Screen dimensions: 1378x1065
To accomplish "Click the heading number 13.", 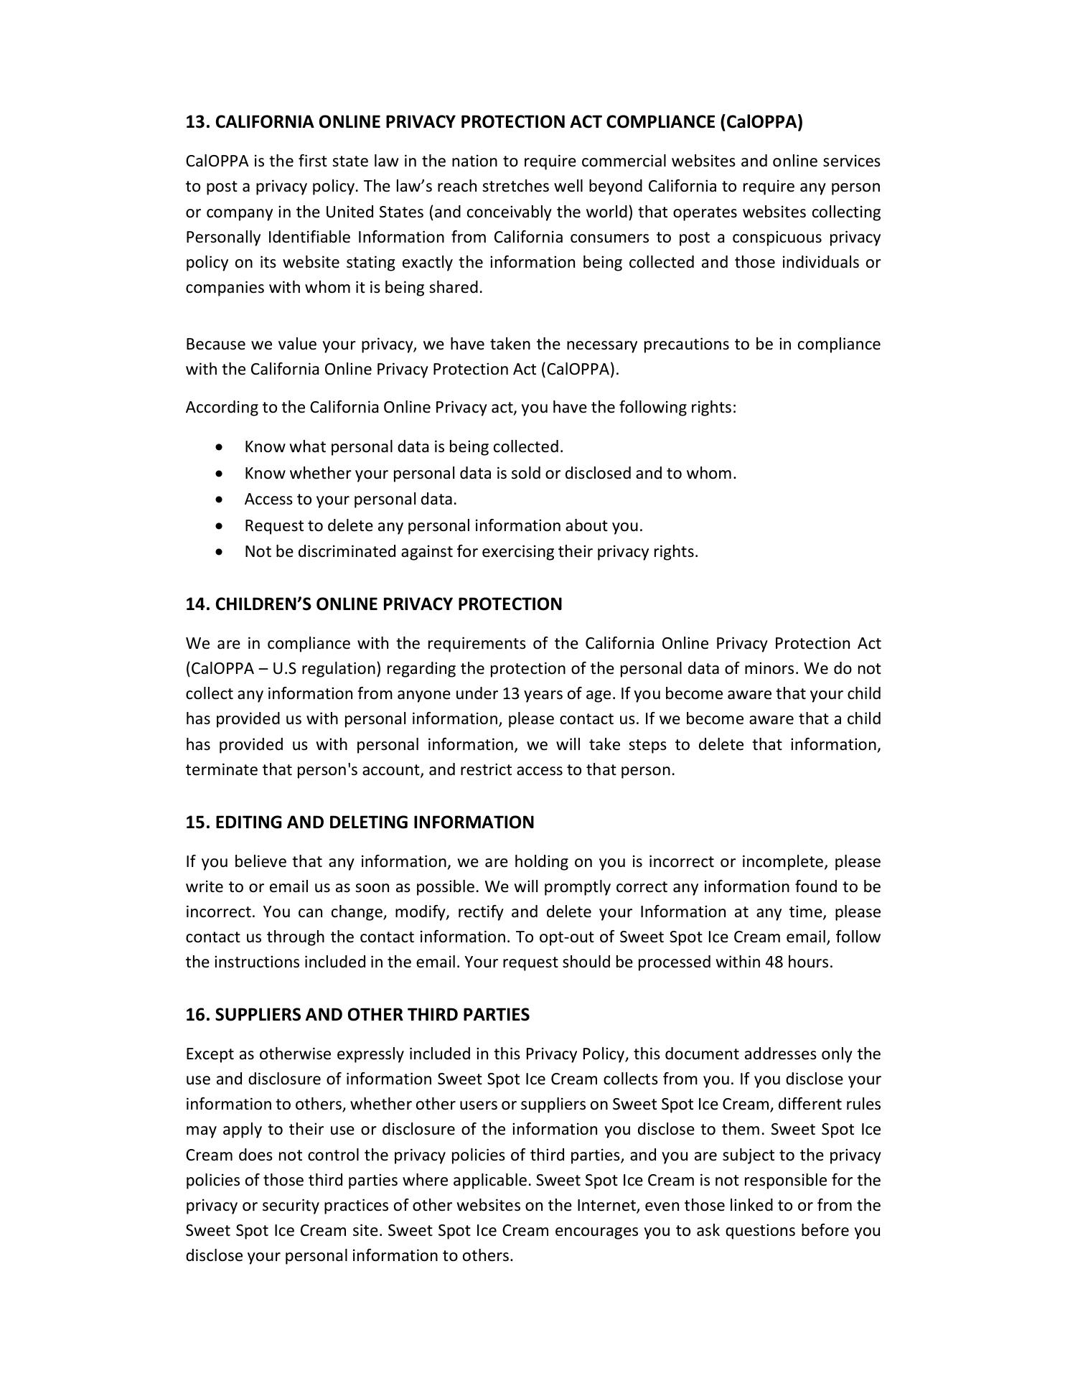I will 197,122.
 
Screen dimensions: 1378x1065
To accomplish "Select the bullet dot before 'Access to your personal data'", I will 219,499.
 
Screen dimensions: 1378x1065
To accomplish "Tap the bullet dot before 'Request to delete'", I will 219,525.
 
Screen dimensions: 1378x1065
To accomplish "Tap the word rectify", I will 481,912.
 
